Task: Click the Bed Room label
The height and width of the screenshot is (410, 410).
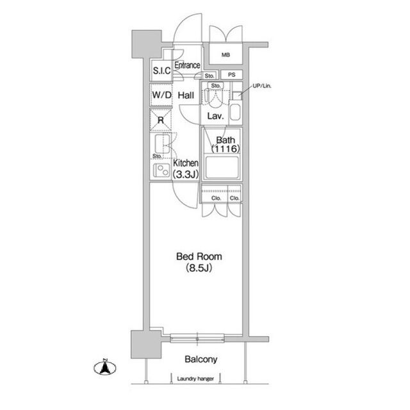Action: point(199,256)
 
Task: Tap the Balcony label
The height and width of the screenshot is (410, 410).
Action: point(201,359)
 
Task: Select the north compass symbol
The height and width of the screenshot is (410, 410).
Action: point(105,367)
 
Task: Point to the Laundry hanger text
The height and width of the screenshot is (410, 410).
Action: point(195,379)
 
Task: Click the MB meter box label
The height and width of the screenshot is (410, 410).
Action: point(225,55)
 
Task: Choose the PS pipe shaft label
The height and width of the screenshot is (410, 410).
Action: point(232,75)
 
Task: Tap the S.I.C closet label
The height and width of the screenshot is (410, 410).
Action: point(161,70)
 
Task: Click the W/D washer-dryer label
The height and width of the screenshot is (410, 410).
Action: point(161,95)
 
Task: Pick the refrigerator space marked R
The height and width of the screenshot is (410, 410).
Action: point(161,120)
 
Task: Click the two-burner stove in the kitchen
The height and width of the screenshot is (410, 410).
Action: point(161,170)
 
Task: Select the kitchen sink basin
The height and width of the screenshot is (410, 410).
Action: point(162,143)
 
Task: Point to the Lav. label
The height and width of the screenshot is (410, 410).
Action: point(215,116)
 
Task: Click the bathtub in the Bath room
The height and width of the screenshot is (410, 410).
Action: point(222,167)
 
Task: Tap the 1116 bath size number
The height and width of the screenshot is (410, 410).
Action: point(225,149)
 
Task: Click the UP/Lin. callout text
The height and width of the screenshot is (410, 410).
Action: point(262,86)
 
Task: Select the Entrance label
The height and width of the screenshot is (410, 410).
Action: point(187,65)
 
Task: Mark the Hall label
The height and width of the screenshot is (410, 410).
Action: point(186,95)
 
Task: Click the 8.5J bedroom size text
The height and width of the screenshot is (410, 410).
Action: point(199,268)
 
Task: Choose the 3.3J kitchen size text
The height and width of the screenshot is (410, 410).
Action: point(186,174)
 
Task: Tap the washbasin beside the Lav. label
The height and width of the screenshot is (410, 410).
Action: point(235,113)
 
